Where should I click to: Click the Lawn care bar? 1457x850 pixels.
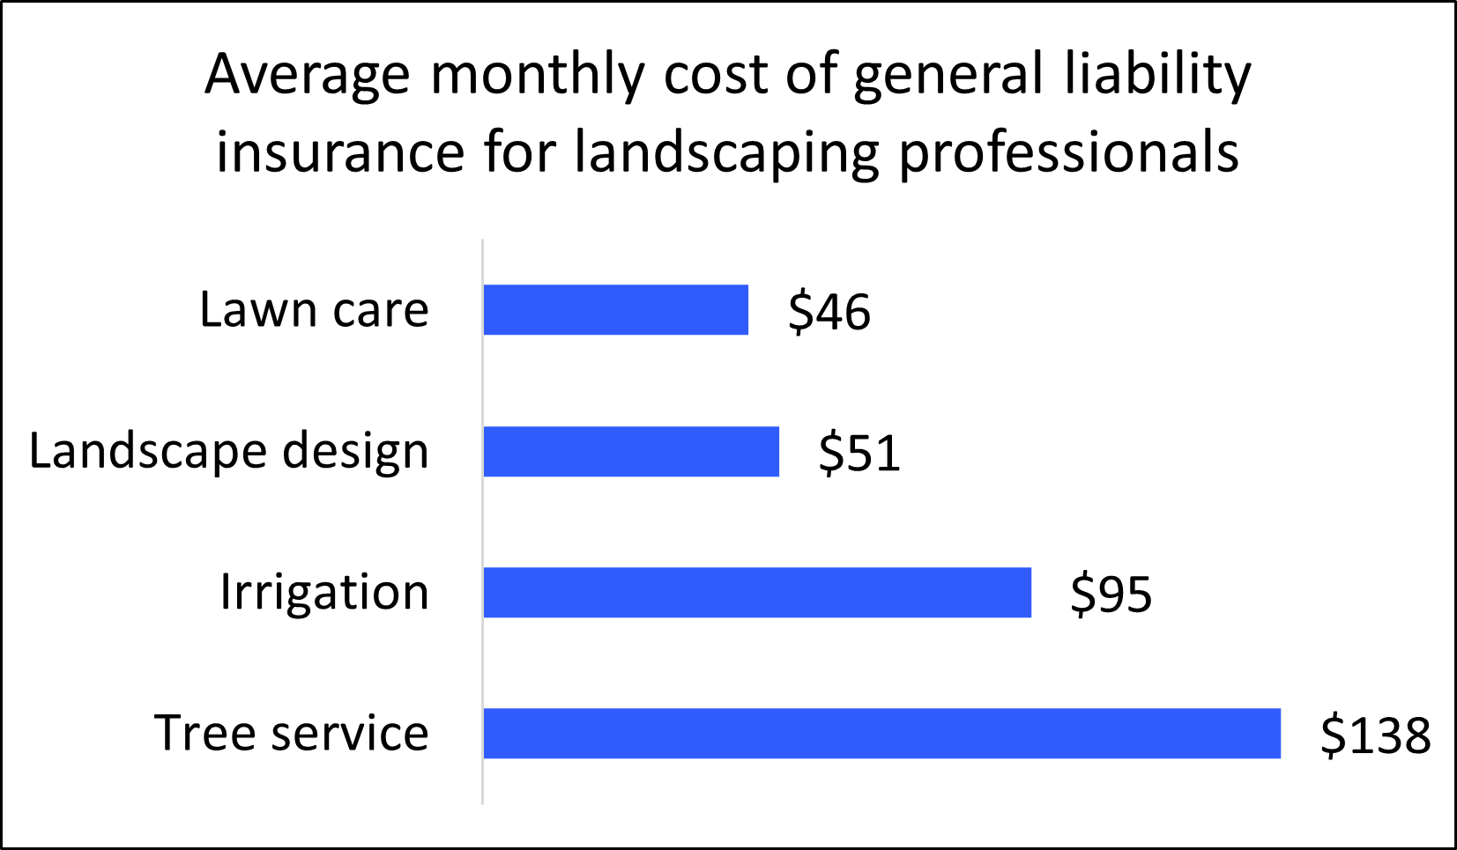[615, 310]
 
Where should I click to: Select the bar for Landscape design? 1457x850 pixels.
[631, 452]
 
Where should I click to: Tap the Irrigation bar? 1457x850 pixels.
[757, 593]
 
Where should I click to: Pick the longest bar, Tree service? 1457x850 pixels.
[881, 734]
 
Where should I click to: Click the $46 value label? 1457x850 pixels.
[829, 312]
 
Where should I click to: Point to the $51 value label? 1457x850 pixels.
[859, 454]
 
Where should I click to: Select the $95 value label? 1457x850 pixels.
[1111, 595]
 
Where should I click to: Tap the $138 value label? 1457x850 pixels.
[1374, 735]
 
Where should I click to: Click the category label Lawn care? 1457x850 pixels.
[314, 310]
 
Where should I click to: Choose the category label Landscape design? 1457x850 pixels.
[229, 452]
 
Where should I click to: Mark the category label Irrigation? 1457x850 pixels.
[324, 593]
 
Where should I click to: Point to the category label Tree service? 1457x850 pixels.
[291, 734]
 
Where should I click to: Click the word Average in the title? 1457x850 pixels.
[307, 76]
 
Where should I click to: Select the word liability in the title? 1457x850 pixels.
[1157, 76]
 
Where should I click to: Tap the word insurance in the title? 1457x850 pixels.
[339, 152]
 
